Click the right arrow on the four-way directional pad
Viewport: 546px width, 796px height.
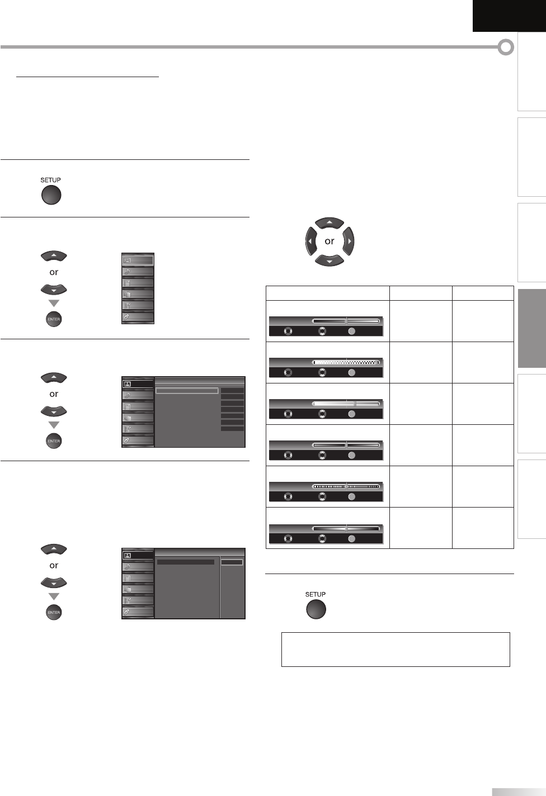348,241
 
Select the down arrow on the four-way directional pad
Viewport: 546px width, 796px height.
330,260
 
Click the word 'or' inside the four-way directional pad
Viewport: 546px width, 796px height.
330,241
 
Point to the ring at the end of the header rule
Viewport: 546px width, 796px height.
506,48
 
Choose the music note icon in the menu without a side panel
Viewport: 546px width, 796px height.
138,272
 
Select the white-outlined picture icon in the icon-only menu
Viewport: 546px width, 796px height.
138,260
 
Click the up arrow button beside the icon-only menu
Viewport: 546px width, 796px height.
54,256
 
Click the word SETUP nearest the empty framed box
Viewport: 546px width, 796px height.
316,594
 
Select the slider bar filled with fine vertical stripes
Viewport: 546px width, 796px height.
346,486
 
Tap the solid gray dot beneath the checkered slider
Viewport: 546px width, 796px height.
351,373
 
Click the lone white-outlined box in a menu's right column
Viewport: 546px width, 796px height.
232,562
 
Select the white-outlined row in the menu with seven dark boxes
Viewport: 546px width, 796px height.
187,391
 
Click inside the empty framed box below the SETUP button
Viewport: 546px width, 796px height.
396,649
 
